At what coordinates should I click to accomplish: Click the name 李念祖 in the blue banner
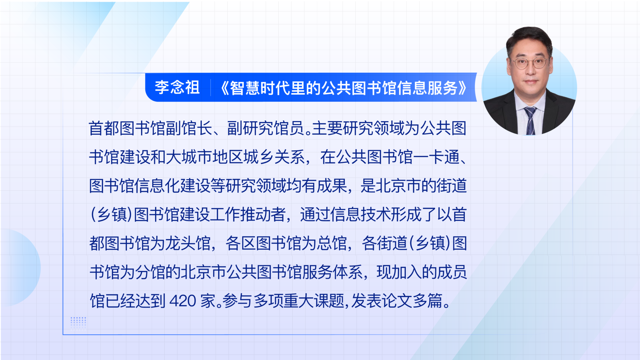(x=177, y=88)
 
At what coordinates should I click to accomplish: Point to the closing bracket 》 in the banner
(x=463, y=88)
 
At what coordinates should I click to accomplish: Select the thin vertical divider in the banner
(x=211, y=88)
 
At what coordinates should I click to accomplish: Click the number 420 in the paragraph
(x=183, y=301)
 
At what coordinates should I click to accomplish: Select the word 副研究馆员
(x=266, y=128)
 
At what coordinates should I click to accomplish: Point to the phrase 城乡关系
(x=274, y=157)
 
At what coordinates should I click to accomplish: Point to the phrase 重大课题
(x=314, y=301)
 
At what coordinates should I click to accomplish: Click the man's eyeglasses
(x=529, y=63)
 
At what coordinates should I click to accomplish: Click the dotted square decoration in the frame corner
(x=78, y=323)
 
